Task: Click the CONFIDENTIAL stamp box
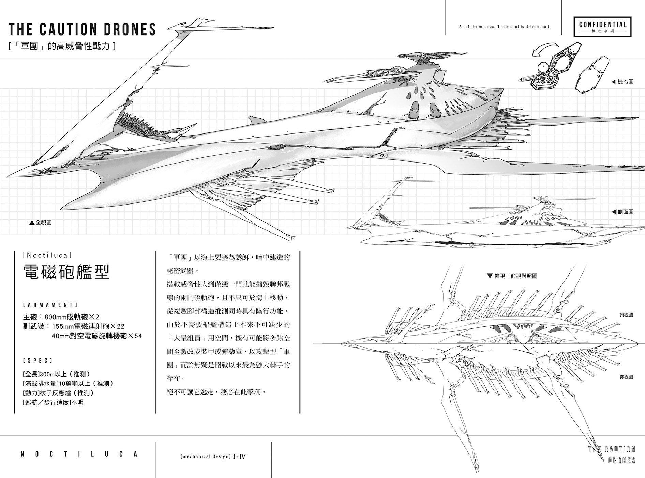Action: coord(602,27)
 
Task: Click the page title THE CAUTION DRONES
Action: coord(82,29)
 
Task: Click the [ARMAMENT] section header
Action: coord(50,305)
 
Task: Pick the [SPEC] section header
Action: coord(38,361)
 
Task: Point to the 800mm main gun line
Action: coord(61,317)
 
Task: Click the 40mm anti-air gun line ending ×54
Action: coord(97,336)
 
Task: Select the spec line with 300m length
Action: coord(56,374)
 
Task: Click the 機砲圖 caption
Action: coord(622,82)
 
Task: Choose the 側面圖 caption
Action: coord(622,212)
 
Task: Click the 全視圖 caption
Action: coord(41,222)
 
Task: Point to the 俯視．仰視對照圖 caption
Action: coord(512,276)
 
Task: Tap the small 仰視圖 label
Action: coord(626,377)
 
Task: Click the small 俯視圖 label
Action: coord(626,314)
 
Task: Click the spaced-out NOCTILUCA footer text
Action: coord(79,454)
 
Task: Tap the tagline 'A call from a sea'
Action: coord(505,27)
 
